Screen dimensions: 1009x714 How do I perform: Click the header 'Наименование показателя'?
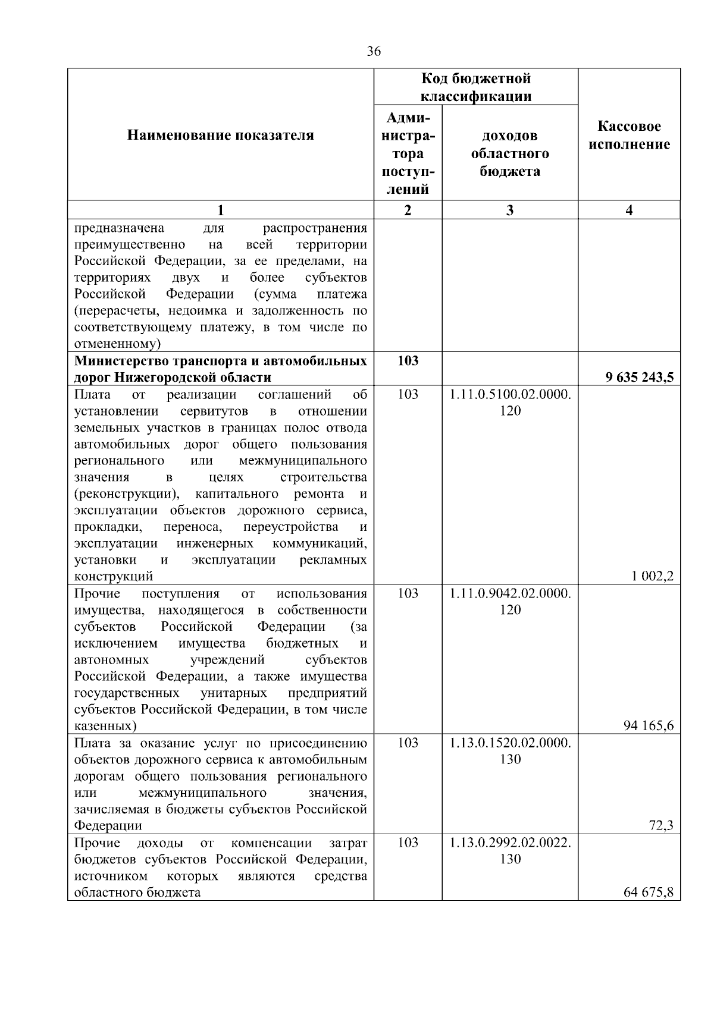click(x=220, y=135)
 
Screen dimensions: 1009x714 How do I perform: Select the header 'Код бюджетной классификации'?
click(x=476, y=87)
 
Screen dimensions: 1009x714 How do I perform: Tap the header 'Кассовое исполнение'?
click(x=630, y=135)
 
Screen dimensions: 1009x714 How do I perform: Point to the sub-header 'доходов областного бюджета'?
click(x=510, y=153)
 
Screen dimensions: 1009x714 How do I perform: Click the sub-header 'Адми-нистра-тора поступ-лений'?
click(x=408, y=153)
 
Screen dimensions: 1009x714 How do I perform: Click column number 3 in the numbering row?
click(x=510, y=210)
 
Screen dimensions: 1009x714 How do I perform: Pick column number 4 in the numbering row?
click(x=630, y=210)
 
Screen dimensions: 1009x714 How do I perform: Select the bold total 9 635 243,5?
click(x=640, y=377)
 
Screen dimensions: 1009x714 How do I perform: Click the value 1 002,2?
click(x=653, y=576)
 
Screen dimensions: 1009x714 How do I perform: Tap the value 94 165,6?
click(x=649, y=725)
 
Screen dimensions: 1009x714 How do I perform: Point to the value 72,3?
click(x=662, y=825)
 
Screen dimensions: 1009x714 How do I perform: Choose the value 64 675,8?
click(x=649, y=892)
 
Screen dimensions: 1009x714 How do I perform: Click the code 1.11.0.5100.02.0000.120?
click(x=510, y=402)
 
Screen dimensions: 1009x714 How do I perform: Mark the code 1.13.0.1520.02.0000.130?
click(x=510, y=750)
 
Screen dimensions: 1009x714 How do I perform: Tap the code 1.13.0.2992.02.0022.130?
click(x=510, y=850)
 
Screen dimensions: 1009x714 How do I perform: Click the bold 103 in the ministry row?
click(x=408, y=360)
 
